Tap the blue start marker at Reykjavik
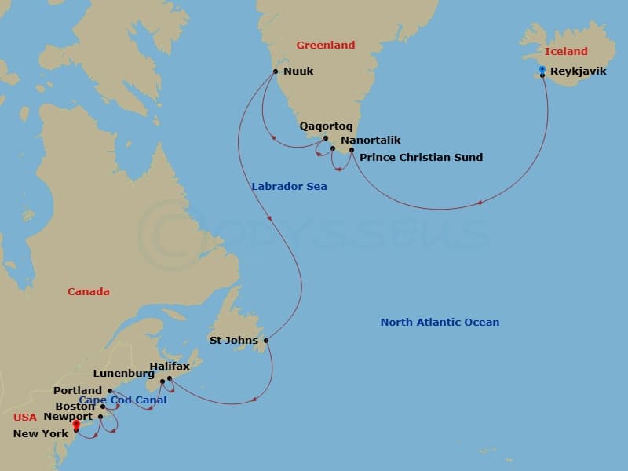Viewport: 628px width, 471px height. click(x=542, y=70)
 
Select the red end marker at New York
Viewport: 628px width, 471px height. click(x=75, y=425)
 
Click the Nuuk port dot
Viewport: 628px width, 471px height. click(x=276, y=71)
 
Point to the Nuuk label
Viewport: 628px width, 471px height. click(x=298, y=71)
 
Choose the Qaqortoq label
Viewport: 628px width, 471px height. click(x=326, y=126)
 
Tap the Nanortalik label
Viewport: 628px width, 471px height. click(x=371, y=140)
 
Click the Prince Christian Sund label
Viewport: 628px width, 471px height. click(x=421, y=157)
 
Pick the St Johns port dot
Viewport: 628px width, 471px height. click(x=266, y=341)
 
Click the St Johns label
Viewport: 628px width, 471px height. click(x=232, y=341)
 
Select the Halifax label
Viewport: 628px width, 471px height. click(x=170, y=367)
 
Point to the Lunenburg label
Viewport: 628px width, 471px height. click(x=123, y=374)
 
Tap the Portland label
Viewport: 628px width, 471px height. click(x=78, y=390)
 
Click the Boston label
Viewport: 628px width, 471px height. click(x=75, y=407)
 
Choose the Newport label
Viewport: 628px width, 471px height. click(x=68, y=417)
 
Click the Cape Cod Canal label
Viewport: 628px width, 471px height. click(x=122, y=400)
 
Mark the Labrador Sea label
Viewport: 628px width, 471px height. click(x=289, y=187)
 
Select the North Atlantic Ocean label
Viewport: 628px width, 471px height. click(x=440, y=322)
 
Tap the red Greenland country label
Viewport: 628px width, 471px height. click(x=325, y=46)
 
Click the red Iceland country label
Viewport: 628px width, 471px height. click(x=566, y=51)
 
